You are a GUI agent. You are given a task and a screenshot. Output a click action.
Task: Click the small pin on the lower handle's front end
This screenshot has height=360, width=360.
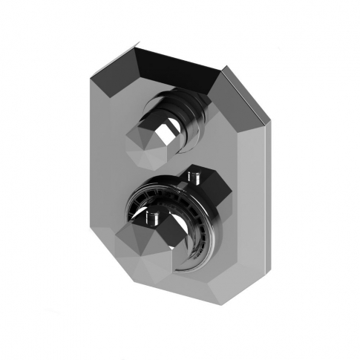point(153,217)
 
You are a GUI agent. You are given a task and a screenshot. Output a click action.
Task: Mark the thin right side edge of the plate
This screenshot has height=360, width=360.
point(264,186)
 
